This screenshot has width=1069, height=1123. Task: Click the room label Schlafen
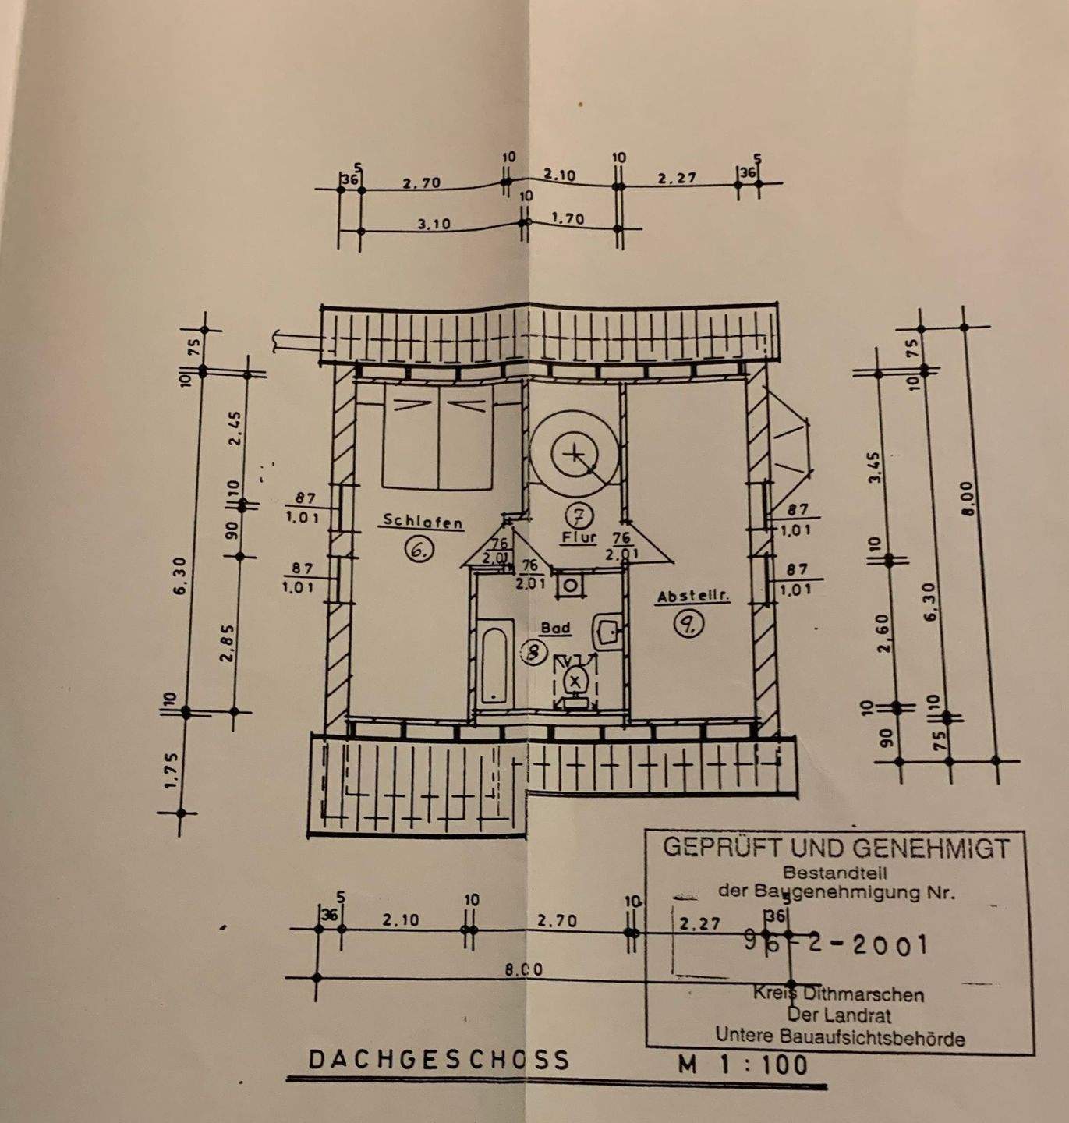pos(423,522)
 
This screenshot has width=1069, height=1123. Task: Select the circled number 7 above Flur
pos(579,515)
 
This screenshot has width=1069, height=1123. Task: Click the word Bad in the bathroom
pos(555,628)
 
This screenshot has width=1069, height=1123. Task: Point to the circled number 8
pos(533,653)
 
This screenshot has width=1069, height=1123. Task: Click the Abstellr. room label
pos(692,597)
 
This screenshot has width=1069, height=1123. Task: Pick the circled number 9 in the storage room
pos(690,624)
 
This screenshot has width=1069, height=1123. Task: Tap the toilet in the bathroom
pos(576,681)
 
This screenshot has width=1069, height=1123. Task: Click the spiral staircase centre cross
pos(575,453)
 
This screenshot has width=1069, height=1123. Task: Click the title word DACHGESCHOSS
pos(439,1060)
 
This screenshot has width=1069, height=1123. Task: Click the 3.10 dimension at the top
pos(434,224)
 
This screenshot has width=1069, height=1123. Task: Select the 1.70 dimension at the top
pos(567,219)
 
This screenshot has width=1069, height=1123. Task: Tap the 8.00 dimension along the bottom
pos(523,970)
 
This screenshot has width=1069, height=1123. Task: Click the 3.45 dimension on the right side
pos(875,468)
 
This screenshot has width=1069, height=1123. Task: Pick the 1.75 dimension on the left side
pos(173,771)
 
